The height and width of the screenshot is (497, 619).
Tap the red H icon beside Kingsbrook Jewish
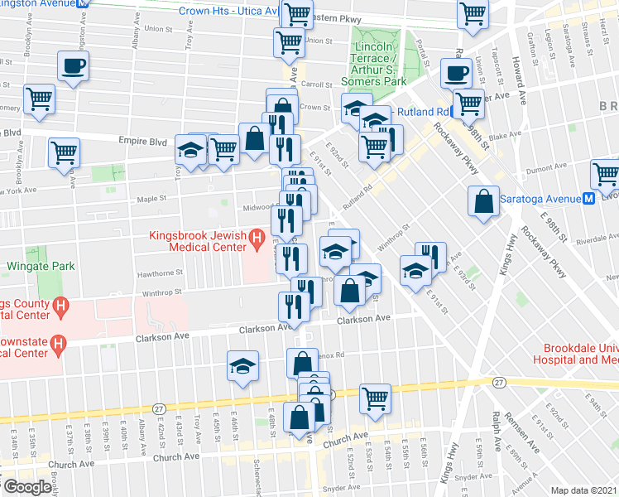click(x=257, y=242)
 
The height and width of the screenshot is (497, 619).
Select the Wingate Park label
click(x=41, y=267)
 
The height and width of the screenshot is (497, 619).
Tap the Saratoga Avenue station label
click(x=535, y=199)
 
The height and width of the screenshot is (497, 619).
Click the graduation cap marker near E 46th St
click(x=242, y=365)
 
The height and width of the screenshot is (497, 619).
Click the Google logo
click(x=26, y=487)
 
